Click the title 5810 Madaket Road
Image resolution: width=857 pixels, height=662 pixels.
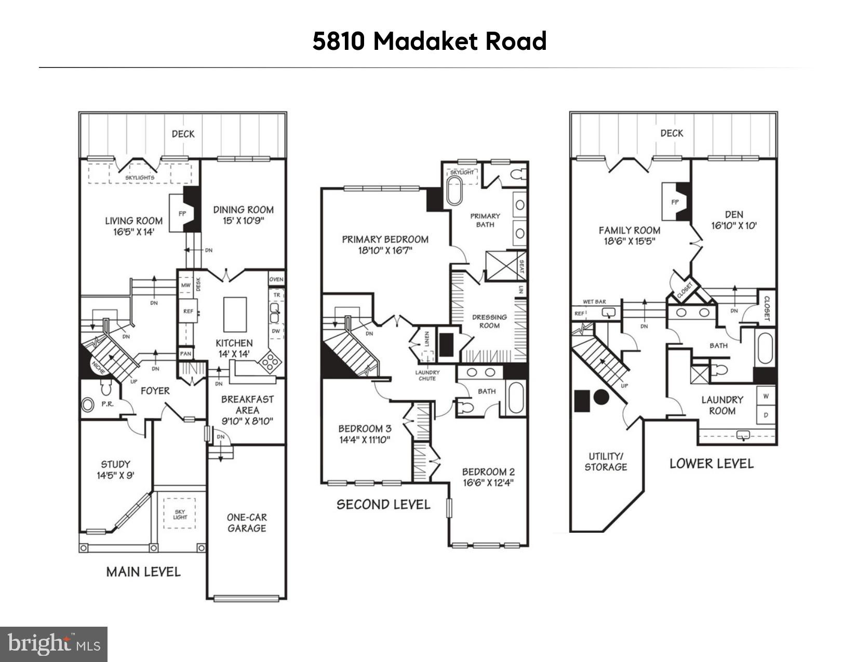coord(429,42)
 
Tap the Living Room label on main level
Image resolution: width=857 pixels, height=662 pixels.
coord(133,221)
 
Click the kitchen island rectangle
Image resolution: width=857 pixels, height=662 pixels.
coord(235,314)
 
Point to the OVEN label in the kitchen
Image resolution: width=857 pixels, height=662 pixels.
coord(276,279)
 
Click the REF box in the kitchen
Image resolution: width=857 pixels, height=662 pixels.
coord(188,311)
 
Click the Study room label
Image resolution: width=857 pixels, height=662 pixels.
coord(115,464)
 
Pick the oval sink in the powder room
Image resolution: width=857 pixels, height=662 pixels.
coord(88,405)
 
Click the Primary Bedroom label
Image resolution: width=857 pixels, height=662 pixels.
coord(385,239)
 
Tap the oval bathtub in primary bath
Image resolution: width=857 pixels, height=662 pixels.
coord(454,192)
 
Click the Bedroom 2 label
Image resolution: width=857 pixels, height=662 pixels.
coord(488,472)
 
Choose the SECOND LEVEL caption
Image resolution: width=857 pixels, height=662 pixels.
coord(383,505)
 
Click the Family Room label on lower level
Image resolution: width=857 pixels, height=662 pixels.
coord(630,230)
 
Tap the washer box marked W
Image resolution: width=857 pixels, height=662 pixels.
coord(766,396)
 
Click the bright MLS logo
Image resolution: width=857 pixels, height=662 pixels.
coord(53,644)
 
